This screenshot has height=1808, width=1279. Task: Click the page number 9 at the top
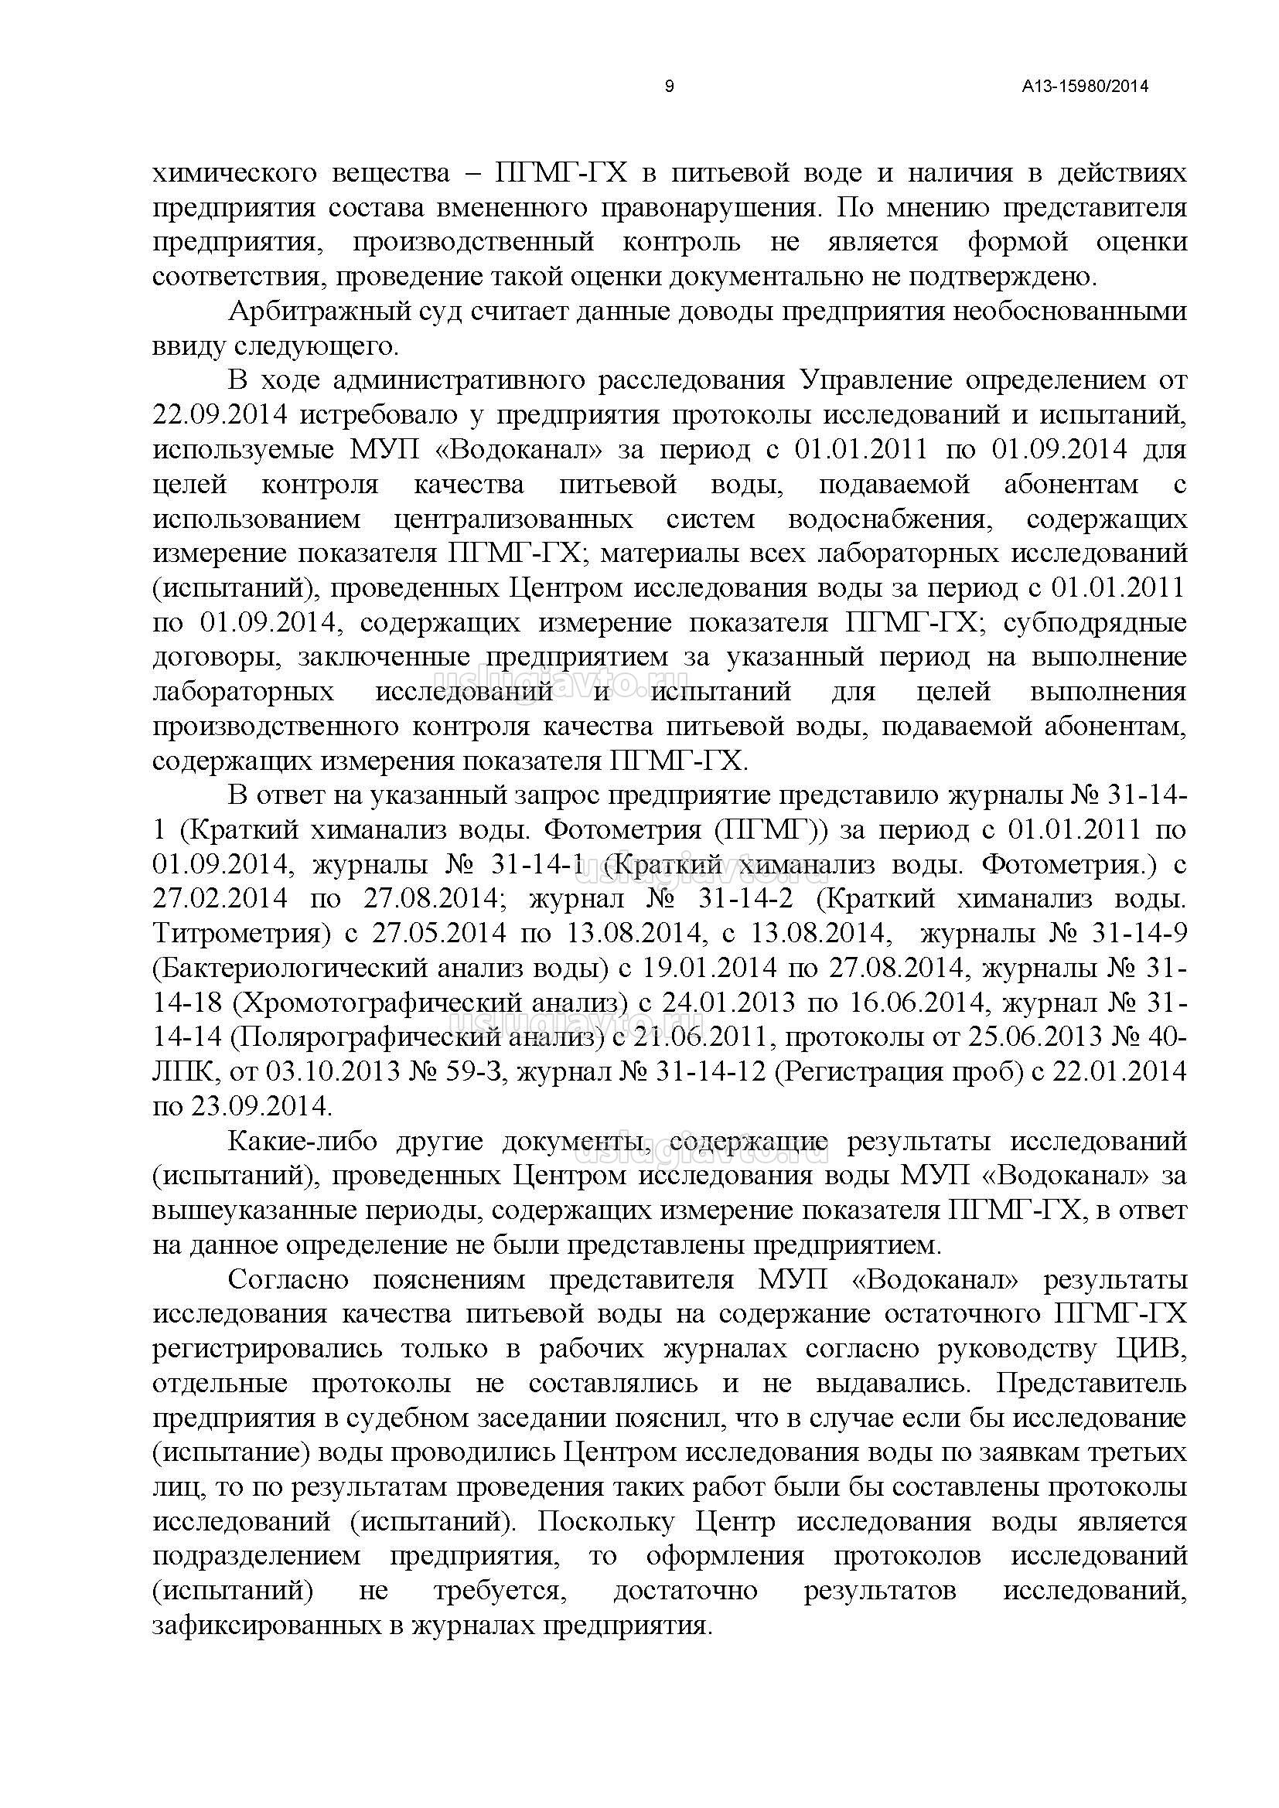pyautogui.click(x=670, y=87)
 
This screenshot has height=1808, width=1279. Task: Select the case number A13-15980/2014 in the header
pyautogui.click(x=1085, y=87)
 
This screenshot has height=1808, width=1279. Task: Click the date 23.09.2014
pyautogui.click(x=261, y=1105)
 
